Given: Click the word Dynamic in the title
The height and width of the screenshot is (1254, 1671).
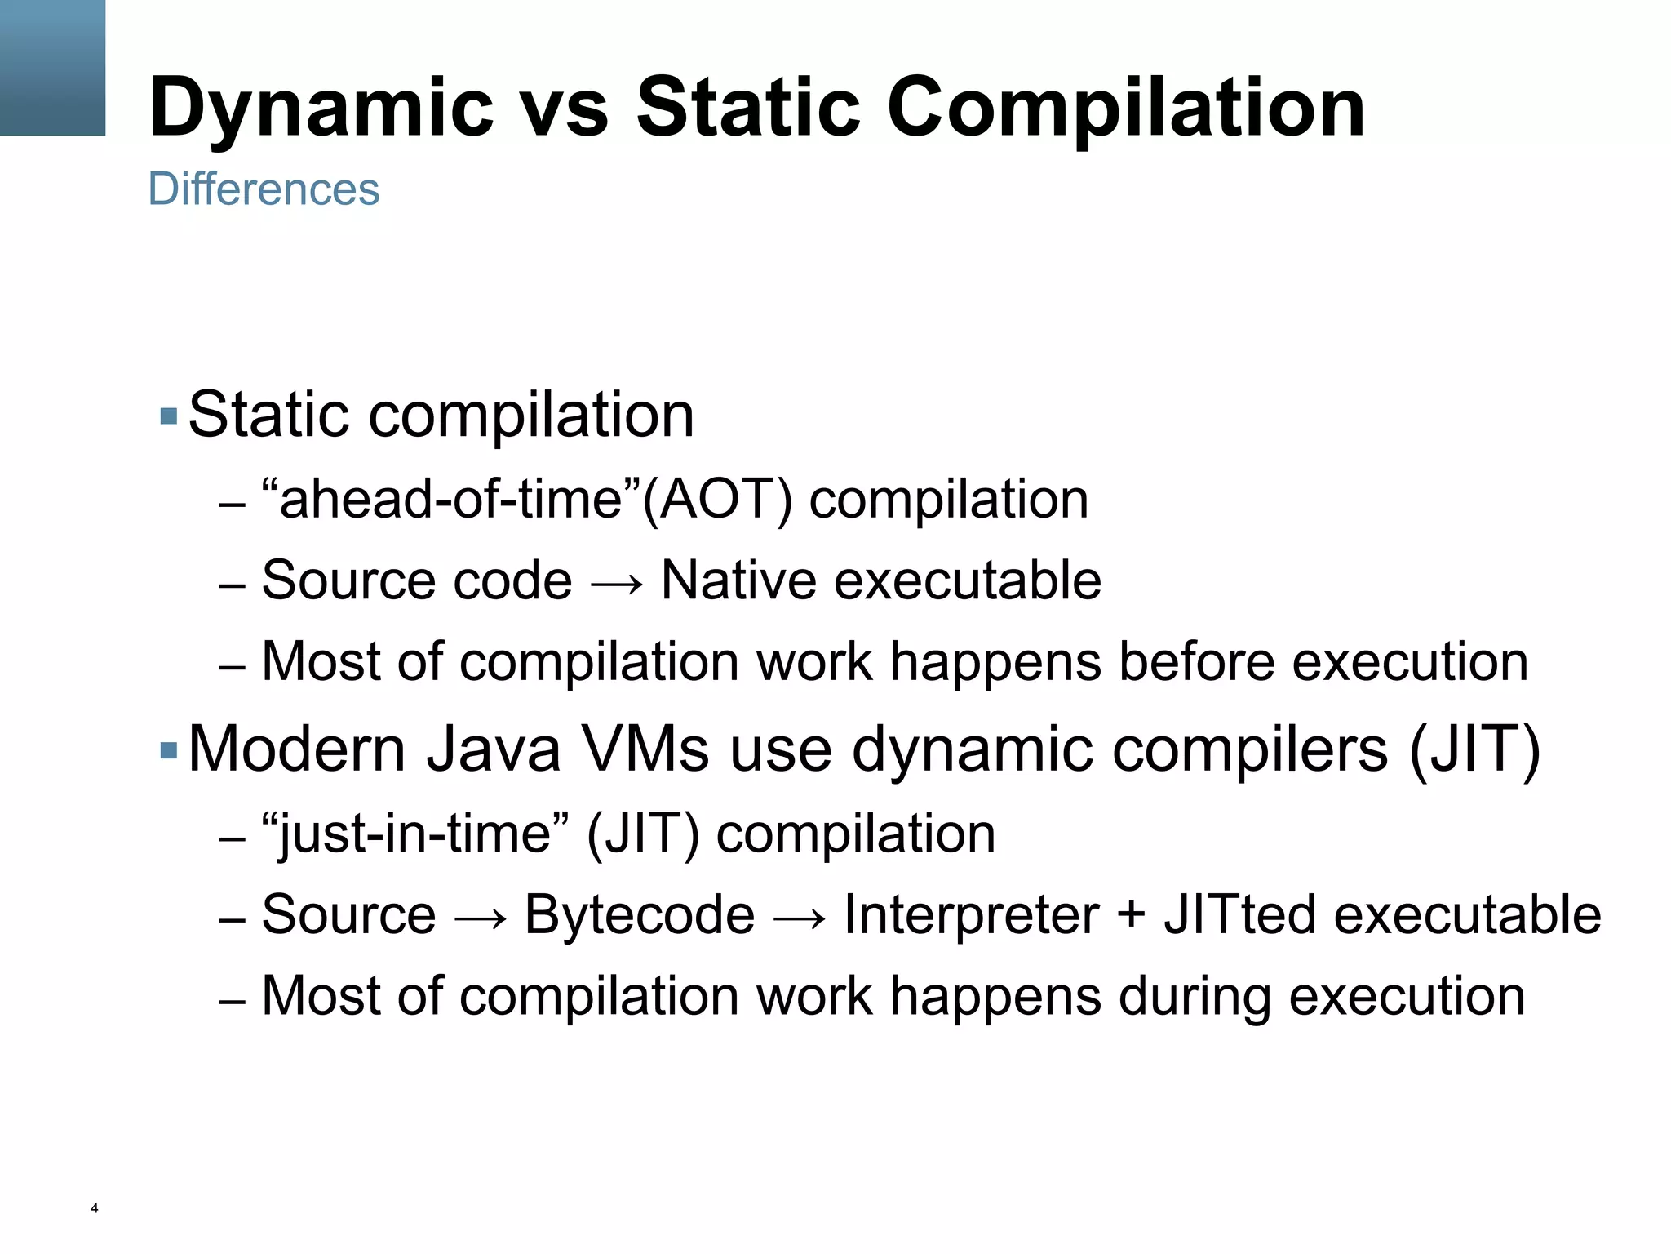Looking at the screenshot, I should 321,108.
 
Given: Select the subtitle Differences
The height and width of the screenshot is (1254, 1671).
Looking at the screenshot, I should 264,189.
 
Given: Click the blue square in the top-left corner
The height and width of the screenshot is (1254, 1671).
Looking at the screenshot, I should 52,68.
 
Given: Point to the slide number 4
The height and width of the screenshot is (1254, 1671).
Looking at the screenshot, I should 95,1208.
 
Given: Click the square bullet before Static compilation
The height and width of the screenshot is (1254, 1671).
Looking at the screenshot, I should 169,416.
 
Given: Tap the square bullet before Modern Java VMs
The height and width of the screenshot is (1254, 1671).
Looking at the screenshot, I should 169,750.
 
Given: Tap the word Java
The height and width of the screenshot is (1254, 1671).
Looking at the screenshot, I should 493,749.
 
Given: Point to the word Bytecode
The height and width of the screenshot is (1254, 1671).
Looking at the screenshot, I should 639,914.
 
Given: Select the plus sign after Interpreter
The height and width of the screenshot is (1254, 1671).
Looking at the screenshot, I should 1131,916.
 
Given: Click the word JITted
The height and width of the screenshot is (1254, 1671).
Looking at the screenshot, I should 1239,914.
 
